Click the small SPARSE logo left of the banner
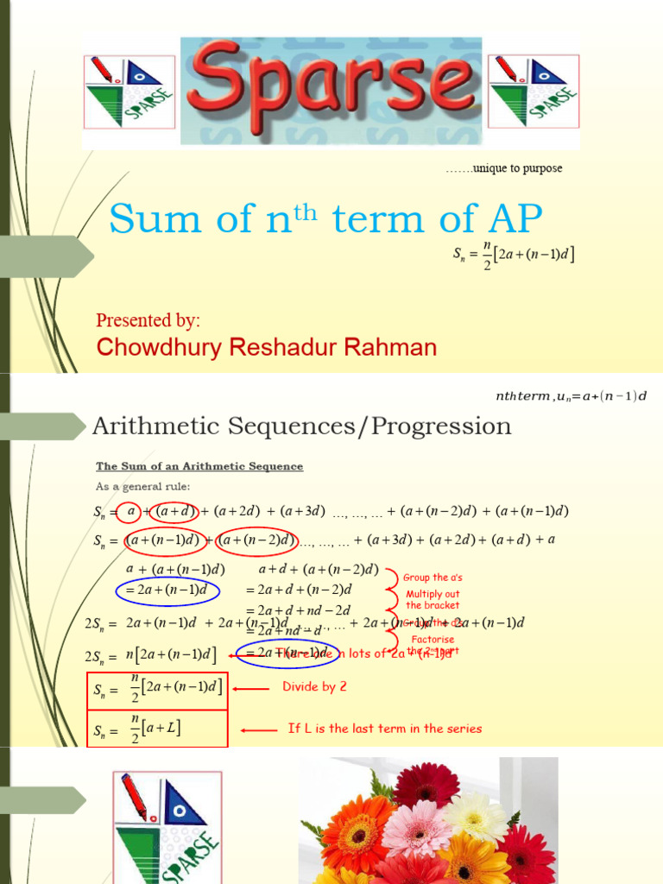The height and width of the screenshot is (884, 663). click(x=129, y=92)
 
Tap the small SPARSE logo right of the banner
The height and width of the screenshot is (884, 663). click(x=534, y=92)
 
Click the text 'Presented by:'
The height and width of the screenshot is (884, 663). click(x=148, y=321)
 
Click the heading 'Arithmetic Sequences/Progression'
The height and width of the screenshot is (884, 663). click(x=301, y=426)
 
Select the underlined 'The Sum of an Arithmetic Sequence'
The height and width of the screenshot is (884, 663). click(x=199, y=466)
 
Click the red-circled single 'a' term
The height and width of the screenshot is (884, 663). click(x=131, y=511)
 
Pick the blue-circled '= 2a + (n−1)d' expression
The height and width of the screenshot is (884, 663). click(x=167, y=590)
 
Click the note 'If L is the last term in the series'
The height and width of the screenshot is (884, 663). click(x=384, y=729)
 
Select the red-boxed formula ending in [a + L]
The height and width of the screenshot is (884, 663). click(x=157, y=728)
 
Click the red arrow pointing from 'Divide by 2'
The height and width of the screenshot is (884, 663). click(x=252, y=688)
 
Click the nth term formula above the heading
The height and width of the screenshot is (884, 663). click(x=570, y=395)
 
